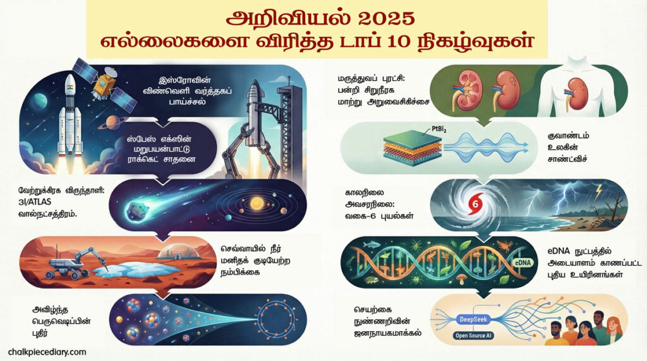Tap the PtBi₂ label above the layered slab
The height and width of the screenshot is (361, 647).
439,129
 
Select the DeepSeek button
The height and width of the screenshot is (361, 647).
473,319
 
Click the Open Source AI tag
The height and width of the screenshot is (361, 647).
473,336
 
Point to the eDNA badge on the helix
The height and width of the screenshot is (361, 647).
523,263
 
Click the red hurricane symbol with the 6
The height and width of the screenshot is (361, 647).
475,204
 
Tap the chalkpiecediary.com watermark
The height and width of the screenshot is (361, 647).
47,352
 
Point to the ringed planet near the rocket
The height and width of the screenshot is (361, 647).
112,122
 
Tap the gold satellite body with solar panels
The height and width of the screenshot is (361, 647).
104,84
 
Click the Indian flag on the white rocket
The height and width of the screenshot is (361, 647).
70,88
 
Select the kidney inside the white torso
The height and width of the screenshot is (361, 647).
575,95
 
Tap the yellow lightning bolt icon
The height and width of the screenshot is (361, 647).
599,190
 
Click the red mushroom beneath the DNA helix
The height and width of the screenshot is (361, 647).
461,280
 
